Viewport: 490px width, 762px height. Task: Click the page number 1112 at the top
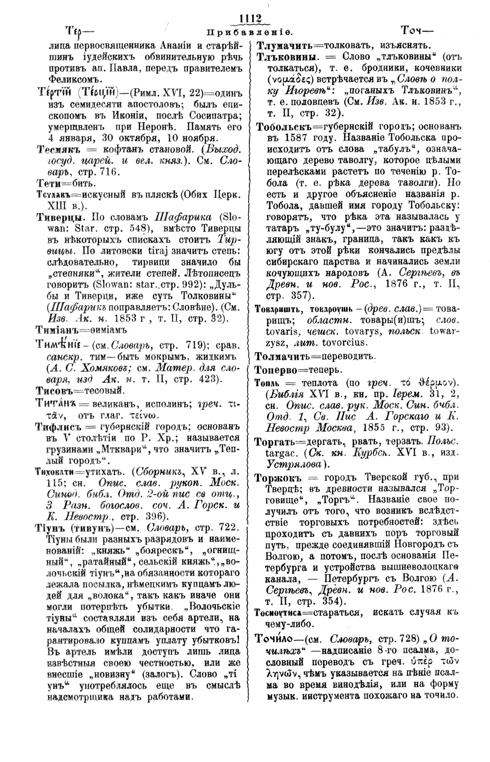(249, 18)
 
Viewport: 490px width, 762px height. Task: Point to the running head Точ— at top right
(417, 31)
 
